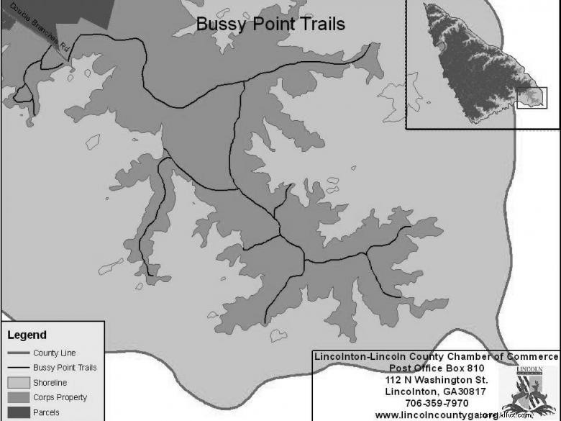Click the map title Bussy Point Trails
pyautogui.click(x=270, y=24)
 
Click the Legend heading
pyautogui.click(x=27, y=335)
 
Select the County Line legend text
pyautogui.click(x=54, y=353)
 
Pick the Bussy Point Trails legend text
pyautogui.click(x=65, y=368)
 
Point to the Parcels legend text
pyautogui.click(x=46, y=412)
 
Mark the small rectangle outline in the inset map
pyautogui.click(x=532, y=98)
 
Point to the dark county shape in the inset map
pyautogui.click(x=467, y=65)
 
